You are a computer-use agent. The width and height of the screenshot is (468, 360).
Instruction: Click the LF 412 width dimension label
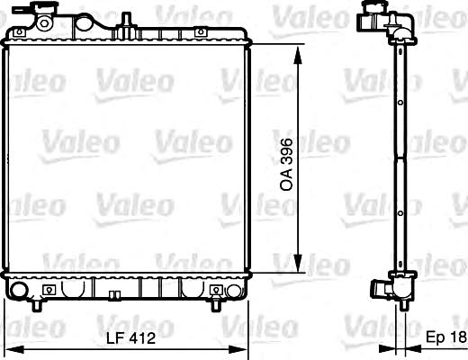coord(131,338)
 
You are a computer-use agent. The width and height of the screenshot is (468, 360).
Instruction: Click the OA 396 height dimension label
coord(286,165)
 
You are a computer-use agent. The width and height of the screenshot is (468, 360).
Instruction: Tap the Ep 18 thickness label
coord(446,337)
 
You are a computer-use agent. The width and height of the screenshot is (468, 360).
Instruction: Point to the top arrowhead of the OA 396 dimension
coord(297,55)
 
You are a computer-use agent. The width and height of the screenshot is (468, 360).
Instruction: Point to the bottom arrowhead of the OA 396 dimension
coord(297,263)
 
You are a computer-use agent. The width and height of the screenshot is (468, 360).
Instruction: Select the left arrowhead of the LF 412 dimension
coord(14,349)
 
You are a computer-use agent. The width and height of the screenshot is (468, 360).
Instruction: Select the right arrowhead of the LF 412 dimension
coord(238,349)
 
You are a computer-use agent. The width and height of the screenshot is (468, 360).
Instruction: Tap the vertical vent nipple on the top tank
coord(126,20)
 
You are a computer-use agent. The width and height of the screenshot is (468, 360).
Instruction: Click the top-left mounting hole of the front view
coord(20,32)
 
